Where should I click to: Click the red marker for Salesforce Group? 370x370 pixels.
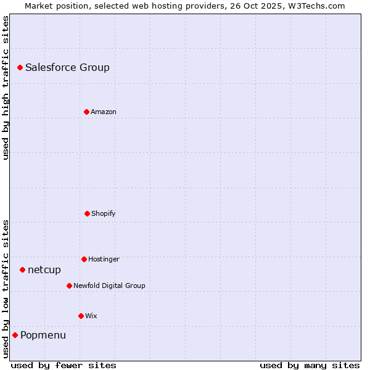coord(20,67)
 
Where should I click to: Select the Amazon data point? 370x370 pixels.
coord(86,112)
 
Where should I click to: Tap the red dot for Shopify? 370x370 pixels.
coord(87,213)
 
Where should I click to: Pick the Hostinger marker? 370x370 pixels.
coord(84,259)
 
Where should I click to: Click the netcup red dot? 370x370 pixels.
coord(22,269)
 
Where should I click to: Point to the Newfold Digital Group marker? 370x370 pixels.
coord(69,286)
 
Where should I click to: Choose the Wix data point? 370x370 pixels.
coord(81,316)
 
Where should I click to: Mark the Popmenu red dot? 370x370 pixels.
coord(15,335)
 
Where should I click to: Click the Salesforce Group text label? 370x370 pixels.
coord(67,67)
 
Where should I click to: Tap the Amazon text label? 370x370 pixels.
coord(104,112)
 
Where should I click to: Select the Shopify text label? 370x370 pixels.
coord(104,213)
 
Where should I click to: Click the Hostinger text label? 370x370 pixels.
coord(104,259)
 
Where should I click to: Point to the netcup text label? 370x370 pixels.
coord(44,269)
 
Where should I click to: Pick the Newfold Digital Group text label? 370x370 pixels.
coord(109,286)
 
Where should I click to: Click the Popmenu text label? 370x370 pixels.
coord(43,335)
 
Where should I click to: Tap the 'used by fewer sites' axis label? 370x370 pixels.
coord(64,365)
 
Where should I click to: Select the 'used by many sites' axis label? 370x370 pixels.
coord(310,365)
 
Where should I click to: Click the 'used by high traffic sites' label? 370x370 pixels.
coord(6,88)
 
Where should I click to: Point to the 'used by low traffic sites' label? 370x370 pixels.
coord(6,289)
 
